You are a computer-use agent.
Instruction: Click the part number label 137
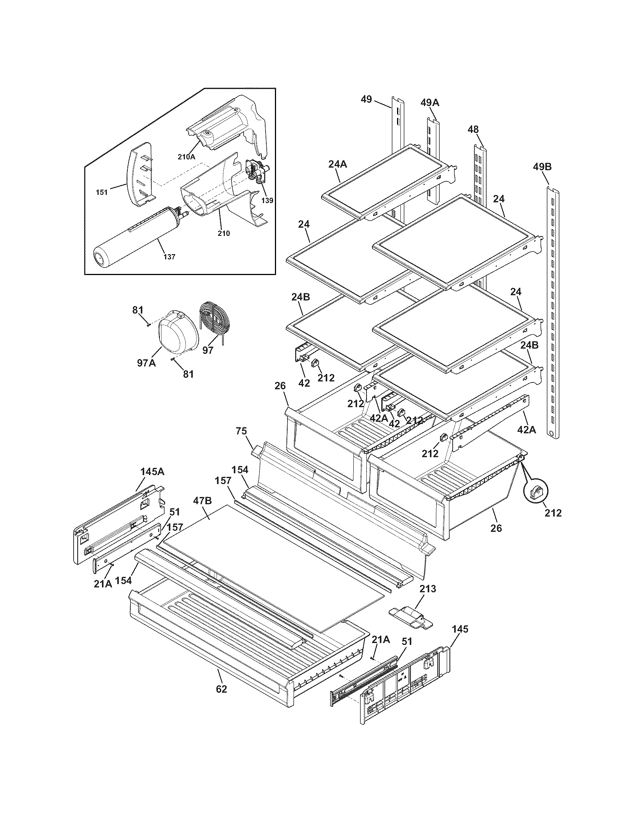tap(170, 257)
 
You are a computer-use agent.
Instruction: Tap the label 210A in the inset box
tap(186, 157)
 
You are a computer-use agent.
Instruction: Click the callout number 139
tap(267, 200)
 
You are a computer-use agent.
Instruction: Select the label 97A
tap(146, 363)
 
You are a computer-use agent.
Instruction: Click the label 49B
tap(542, 166)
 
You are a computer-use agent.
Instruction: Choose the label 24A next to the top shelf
tap(337, 164)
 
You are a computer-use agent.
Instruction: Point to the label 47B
tap(202, 500)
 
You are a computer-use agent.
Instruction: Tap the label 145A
tap(152, 472)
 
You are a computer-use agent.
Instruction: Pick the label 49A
tap(430, 103)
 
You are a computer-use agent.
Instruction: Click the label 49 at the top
tap(366, 100)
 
